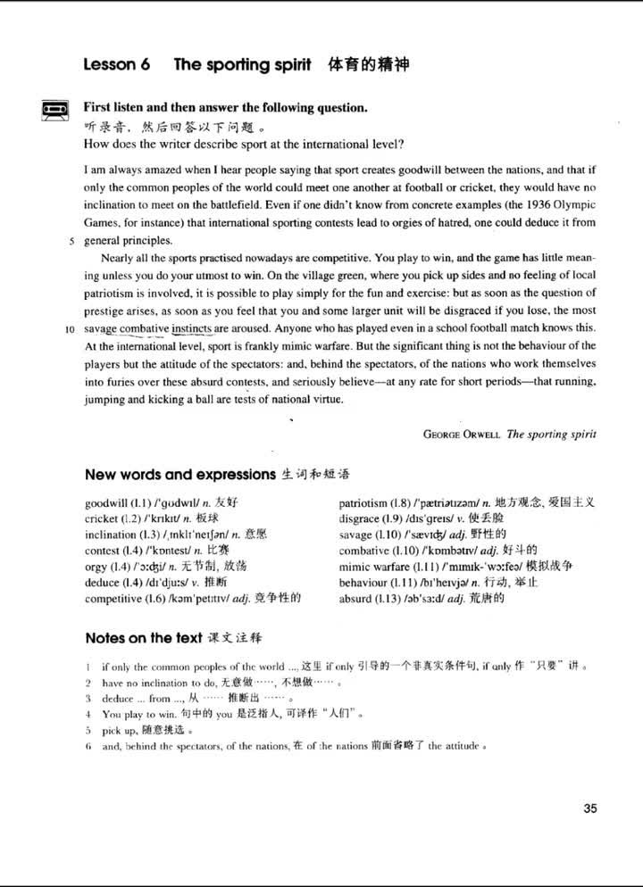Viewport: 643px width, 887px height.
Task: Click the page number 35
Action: point(589,808)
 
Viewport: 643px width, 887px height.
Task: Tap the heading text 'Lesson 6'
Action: point(116,65)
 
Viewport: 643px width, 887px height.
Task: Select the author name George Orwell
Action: point(462,435)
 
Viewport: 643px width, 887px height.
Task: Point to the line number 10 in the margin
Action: point(69,328)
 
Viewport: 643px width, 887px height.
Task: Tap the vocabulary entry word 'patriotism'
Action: point(363,502)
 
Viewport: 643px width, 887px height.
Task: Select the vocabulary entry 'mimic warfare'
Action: point(375,567)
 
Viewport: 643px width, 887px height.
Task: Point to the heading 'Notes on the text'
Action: point(143,638)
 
